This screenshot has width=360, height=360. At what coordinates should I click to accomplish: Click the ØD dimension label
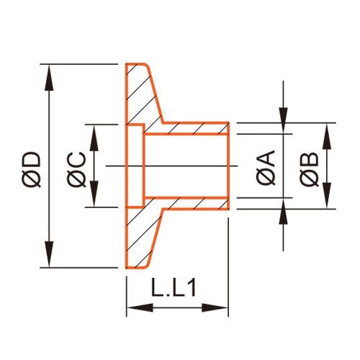(31, 169)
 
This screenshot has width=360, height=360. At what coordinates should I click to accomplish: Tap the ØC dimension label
(76, 169)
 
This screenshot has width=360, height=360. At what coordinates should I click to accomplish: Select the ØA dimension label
(266, 168)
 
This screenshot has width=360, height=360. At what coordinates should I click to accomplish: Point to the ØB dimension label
(310, 169)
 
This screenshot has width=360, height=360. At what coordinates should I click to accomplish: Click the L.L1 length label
(174, 287)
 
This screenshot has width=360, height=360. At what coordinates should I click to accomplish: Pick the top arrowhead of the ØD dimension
(49, 78)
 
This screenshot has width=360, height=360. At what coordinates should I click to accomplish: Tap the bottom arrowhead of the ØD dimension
(49, 254)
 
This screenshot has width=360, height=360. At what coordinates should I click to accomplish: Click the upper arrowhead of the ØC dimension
(94, 138)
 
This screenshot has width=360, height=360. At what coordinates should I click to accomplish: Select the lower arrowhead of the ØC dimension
(94, 194)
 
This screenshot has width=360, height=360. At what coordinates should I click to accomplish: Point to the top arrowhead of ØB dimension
(327, 136)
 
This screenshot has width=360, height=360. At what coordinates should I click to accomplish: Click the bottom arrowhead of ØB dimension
(327, 195)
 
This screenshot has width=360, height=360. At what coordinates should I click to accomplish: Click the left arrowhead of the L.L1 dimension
(140, 307)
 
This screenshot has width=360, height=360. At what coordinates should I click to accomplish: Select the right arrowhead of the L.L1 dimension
(215, 307)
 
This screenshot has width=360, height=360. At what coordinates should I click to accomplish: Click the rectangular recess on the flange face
(135, 166)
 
